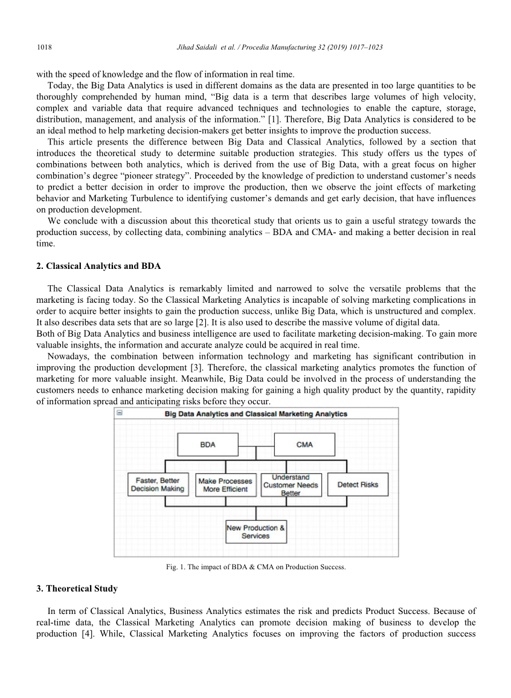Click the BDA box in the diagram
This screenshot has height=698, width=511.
[x=207, y=445]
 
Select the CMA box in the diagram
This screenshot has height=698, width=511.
[x=304, y=445]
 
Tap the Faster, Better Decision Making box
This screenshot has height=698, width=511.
[x=158, y=485]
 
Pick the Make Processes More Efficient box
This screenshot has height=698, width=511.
[x=225, y=485]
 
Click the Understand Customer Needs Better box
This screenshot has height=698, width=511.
[x=291, y=485]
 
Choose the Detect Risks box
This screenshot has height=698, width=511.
[x=358, y=485]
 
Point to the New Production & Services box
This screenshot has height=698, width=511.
[x=256, y=532]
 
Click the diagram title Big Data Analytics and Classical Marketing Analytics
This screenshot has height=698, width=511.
[x=256, y=414]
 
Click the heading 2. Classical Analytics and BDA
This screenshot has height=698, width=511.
[x=98, y=266]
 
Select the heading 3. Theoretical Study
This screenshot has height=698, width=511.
[x=77, y=589]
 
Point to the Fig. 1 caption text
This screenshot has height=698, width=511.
[x=256, y=567]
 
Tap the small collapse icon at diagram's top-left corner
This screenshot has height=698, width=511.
[x=119, y=413]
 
